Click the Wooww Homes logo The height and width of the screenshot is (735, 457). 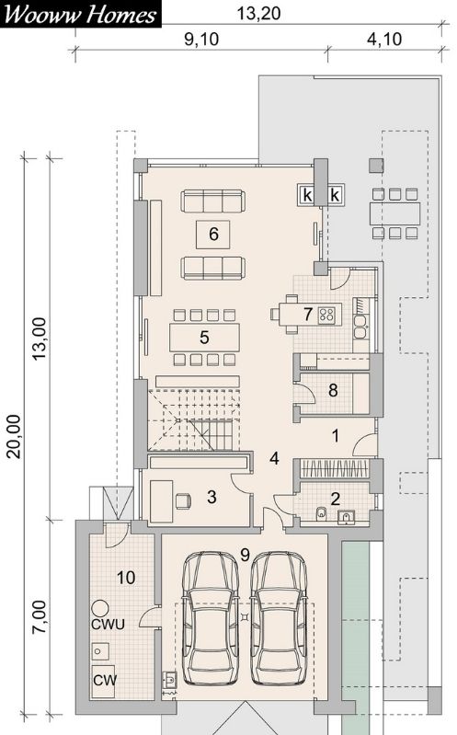click(x=80, y=14)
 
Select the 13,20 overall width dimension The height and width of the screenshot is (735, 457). click(x=258, y=13)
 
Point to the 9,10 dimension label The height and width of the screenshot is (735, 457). click(x=201, y=40)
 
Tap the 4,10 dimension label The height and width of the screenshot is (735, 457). click(x=384, y=40)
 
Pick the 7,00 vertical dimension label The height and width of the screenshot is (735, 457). click(x=40, y=617)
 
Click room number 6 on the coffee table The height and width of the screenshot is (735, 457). click(x=213, y=234)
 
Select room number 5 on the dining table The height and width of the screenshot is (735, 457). click(x=204, y=337)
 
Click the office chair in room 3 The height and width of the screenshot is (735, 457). click(x=183, y=501)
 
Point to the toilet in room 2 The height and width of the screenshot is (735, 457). click(x=322, y=513)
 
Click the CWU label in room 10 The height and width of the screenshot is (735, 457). click(x=108, y=625)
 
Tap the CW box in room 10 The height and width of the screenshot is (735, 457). click(x=103, y=681)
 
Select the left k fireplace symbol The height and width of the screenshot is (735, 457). click(x=307, y=195)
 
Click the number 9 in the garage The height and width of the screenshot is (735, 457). click(x=245, y=556)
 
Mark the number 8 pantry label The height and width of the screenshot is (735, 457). click(x=333, y=390)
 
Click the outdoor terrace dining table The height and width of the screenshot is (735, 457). click(x=394, y=213)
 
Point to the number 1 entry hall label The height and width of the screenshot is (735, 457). click(x=335, y=436)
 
